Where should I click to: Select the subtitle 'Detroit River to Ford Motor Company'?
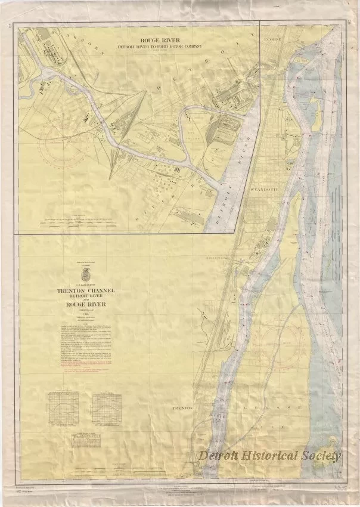pyautogui.click(x=159, y=46)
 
